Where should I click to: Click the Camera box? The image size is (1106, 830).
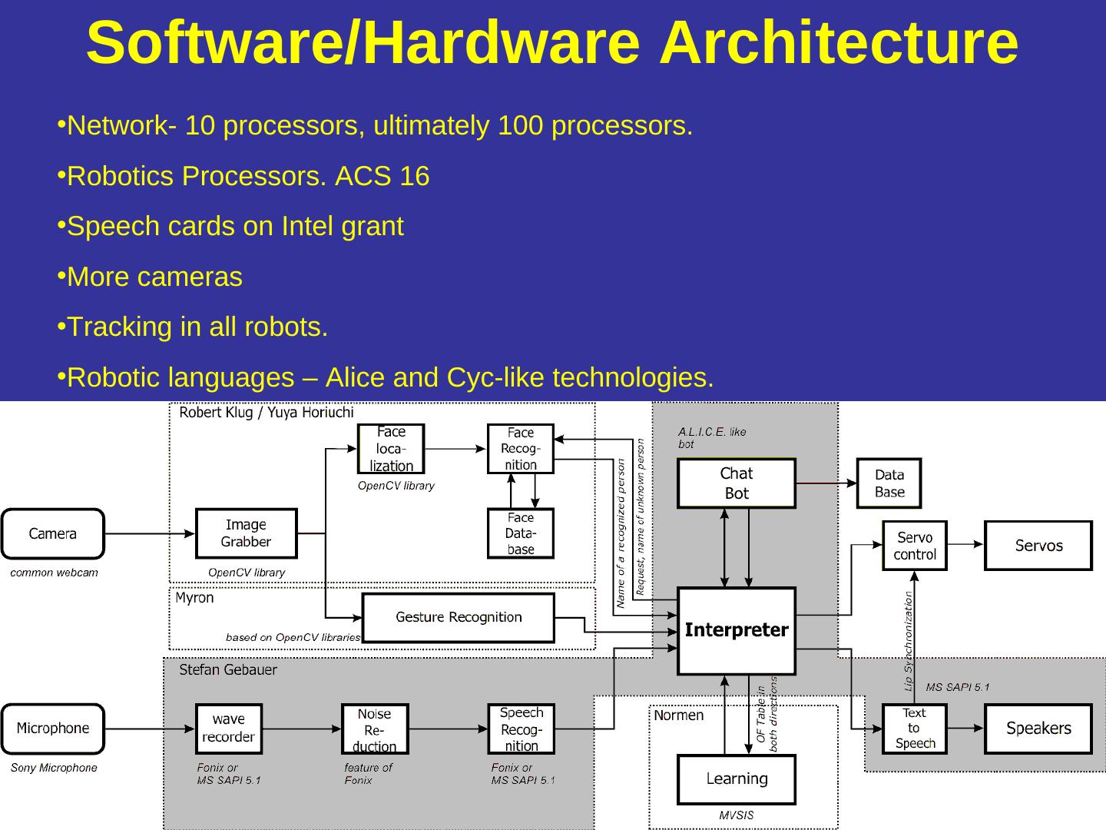pyautogui.click(x=52, y=533)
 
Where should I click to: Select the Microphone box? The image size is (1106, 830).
pyautogui.click(x=52, y=728)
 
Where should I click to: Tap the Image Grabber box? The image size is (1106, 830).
pyautogui.click(x=246, y=533)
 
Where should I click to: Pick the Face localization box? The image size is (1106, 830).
pyautogui.click(x=391, y=449)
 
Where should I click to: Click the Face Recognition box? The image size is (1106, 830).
pyautogui.click(x=521, y=449)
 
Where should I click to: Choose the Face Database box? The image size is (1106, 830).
pyautogui.click(x=521, y=533)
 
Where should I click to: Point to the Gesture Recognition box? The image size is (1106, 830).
pyautogui.click(x=459, y=617)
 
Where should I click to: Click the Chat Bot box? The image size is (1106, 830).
pyautogui.click(x=736, y=483)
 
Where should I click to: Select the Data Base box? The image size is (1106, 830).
pyautogui.click(x=889, y=483)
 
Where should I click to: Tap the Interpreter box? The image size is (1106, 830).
pyautogui.click(x=736, y=631)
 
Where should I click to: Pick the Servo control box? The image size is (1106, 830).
pyautogui.click(x=914, y=546)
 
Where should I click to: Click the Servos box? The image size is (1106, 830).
pyautogui.click(x=1038, y=546)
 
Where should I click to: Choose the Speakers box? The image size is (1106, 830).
pyautogui.click(x=1038, y=729)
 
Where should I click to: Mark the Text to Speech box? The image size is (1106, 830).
pyautogui.click(x=914, y=729)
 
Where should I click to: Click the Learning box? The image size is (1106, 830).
pyautogui.click(x=736, y=779)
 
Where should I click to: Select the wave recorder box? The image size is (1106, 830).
pyautogui.click(x=229, y=729)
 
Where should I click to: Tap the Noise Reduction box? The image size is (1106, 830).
pyautogui.click(x=375, y=729)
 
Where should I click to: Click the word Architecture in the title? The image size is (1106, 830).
pyautogui.click(x=839, y=42)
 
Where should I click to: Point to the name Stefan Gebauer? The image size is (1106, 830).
pyautogui.click(x=228, y=670)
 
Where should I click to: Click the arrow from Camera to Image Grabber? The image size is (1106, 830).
pyautogui.click(x=150, y=533)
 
